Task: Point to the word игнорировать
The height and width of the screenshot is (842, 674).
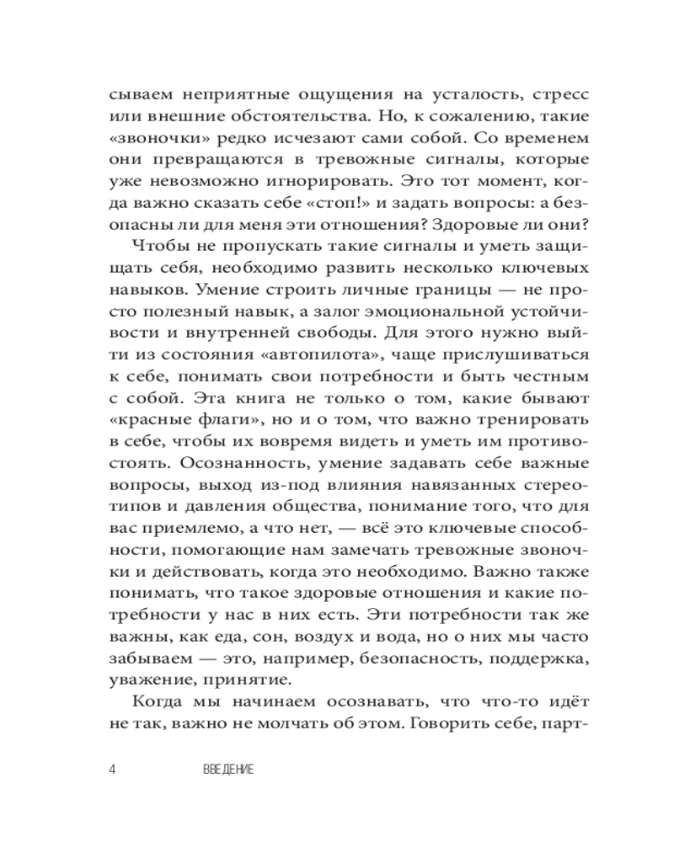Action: (x=302, y=183)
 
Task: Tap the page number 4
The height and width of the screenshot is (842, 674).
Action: (x=114, y=770)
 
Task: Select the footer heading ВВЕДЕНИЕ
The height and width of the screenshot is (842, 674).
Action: (x=229, y=770)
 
